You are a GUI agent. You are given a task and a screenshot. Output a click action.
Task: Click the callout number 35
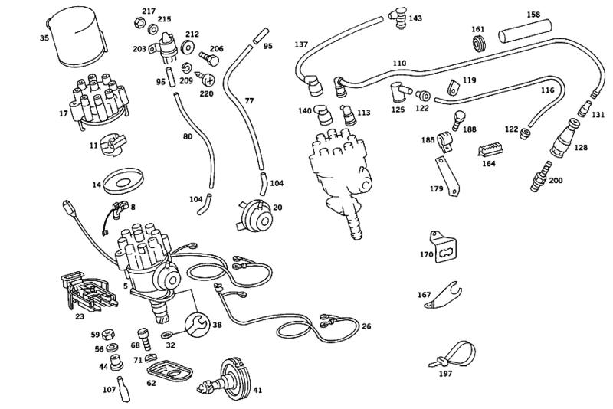[x=44, y=36]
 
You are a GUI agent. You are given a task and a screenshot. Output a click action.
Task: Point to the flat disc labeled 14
[x=123, y=182]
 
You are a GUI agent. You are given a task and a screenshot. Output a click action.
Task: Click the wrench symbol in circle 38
[x=197, y=325]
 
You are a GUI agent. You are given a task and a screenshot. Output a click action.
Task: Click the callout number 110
[x=399, y=63]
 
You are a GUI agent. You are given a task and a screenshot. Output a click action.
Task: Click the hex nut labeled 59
[x=109, y=334]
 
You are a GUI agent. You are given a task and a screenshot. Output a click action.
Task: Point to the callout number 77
[x=249, y=100]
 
